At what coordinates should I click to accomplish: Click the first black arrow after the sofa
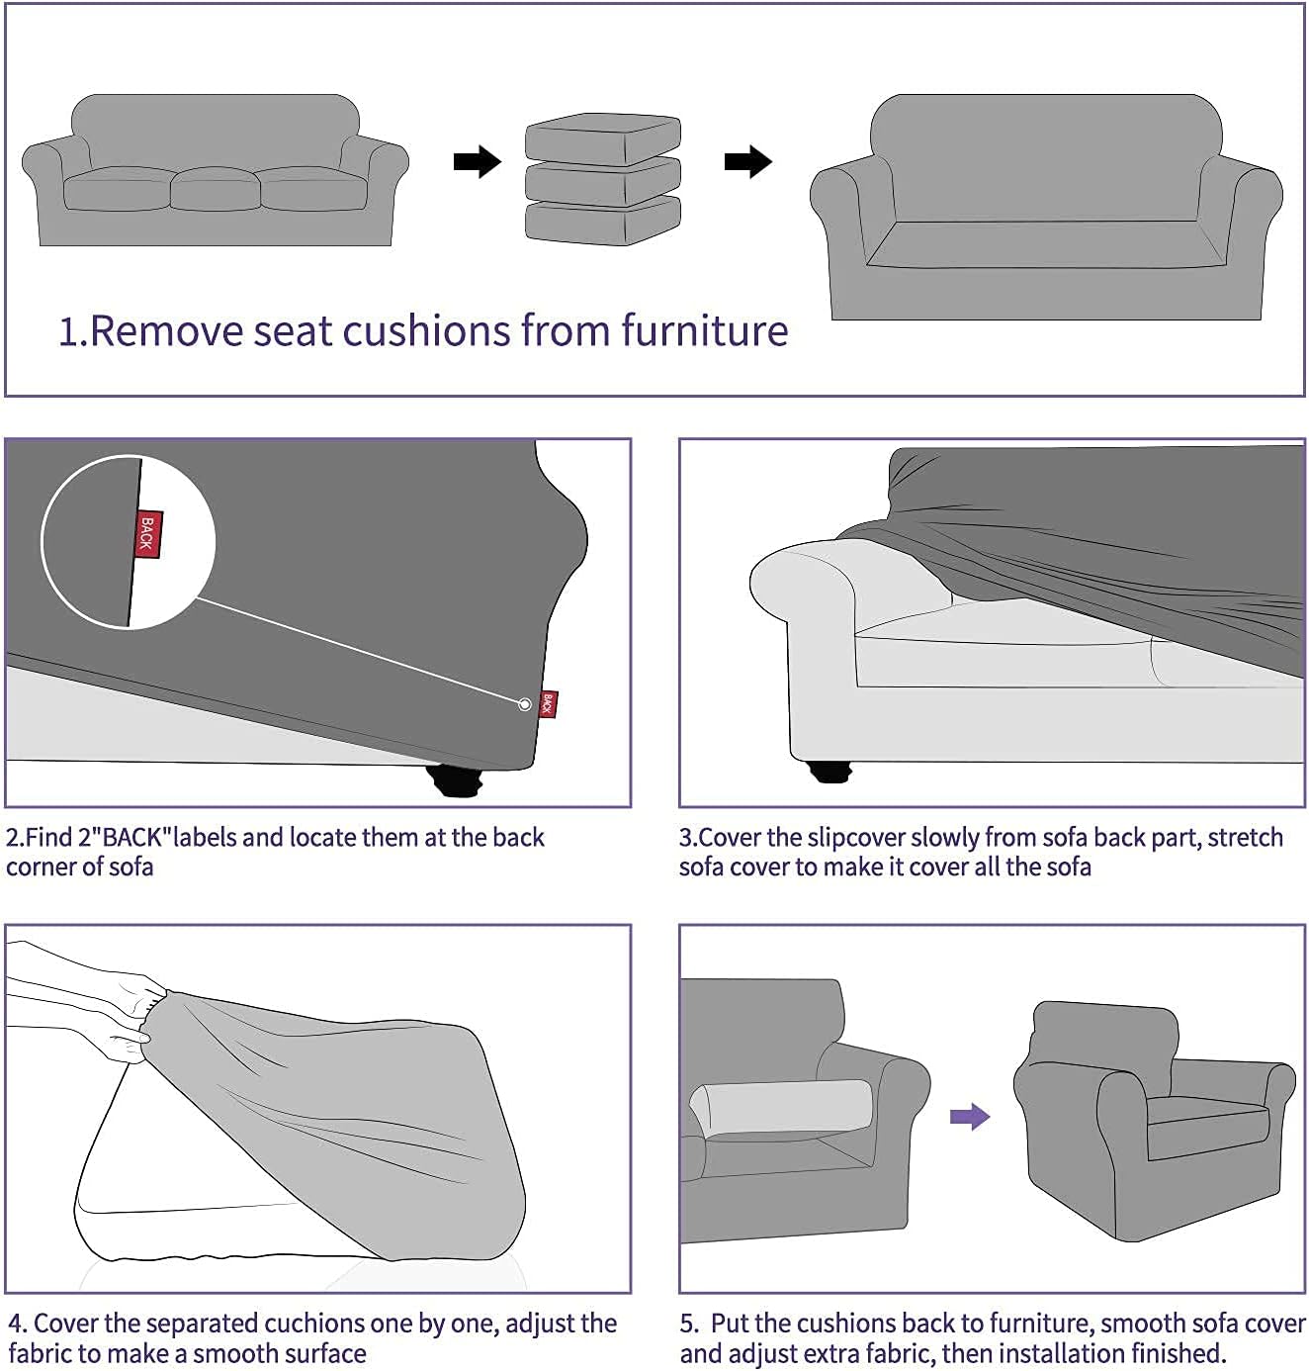tap(477, 161)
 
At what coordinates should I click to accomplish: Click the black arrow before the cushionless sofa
tap(747, 161)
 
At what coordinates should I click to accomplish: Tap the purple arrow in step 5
tap(969, 1117)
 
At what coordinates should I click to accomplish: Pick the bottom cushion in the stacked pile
tap(602, 222)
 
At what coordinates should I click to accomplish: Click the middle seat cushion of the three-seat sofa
tap(215, 188)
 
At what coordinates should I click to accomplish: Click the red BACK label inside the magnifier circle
tap(147, 534)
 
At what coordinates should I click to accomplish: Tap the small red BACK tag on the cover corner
tap(549, 703)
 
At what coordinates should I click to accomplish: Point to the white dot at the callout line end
tap(524, 704)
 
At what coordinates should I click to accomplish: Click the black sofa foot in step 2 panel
tap(456, 781)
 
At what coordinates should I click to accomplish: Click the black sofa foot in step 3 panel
tap(829, 771)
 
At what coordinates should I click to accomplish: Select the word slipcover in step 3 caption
tap(856, 838)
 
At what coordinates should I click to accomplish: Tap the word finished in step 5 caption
tap(1172, 1353)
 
